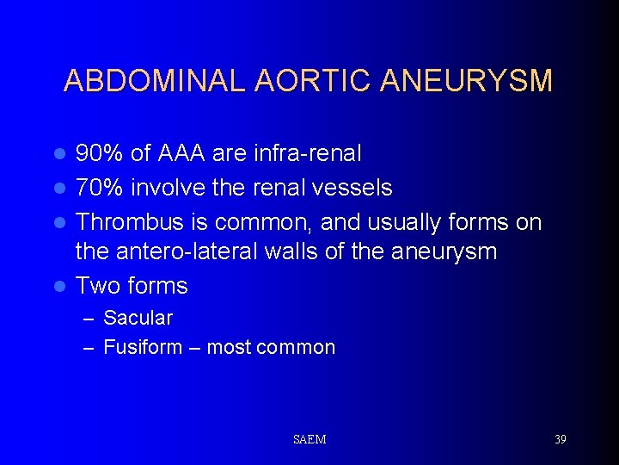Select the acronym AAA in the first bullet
click(x=181, y=153)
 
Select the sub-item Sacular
click(x=138, y=318)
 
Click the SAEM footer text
click(x=309, y=439)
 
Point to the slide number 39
click(x=560, y=439)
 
